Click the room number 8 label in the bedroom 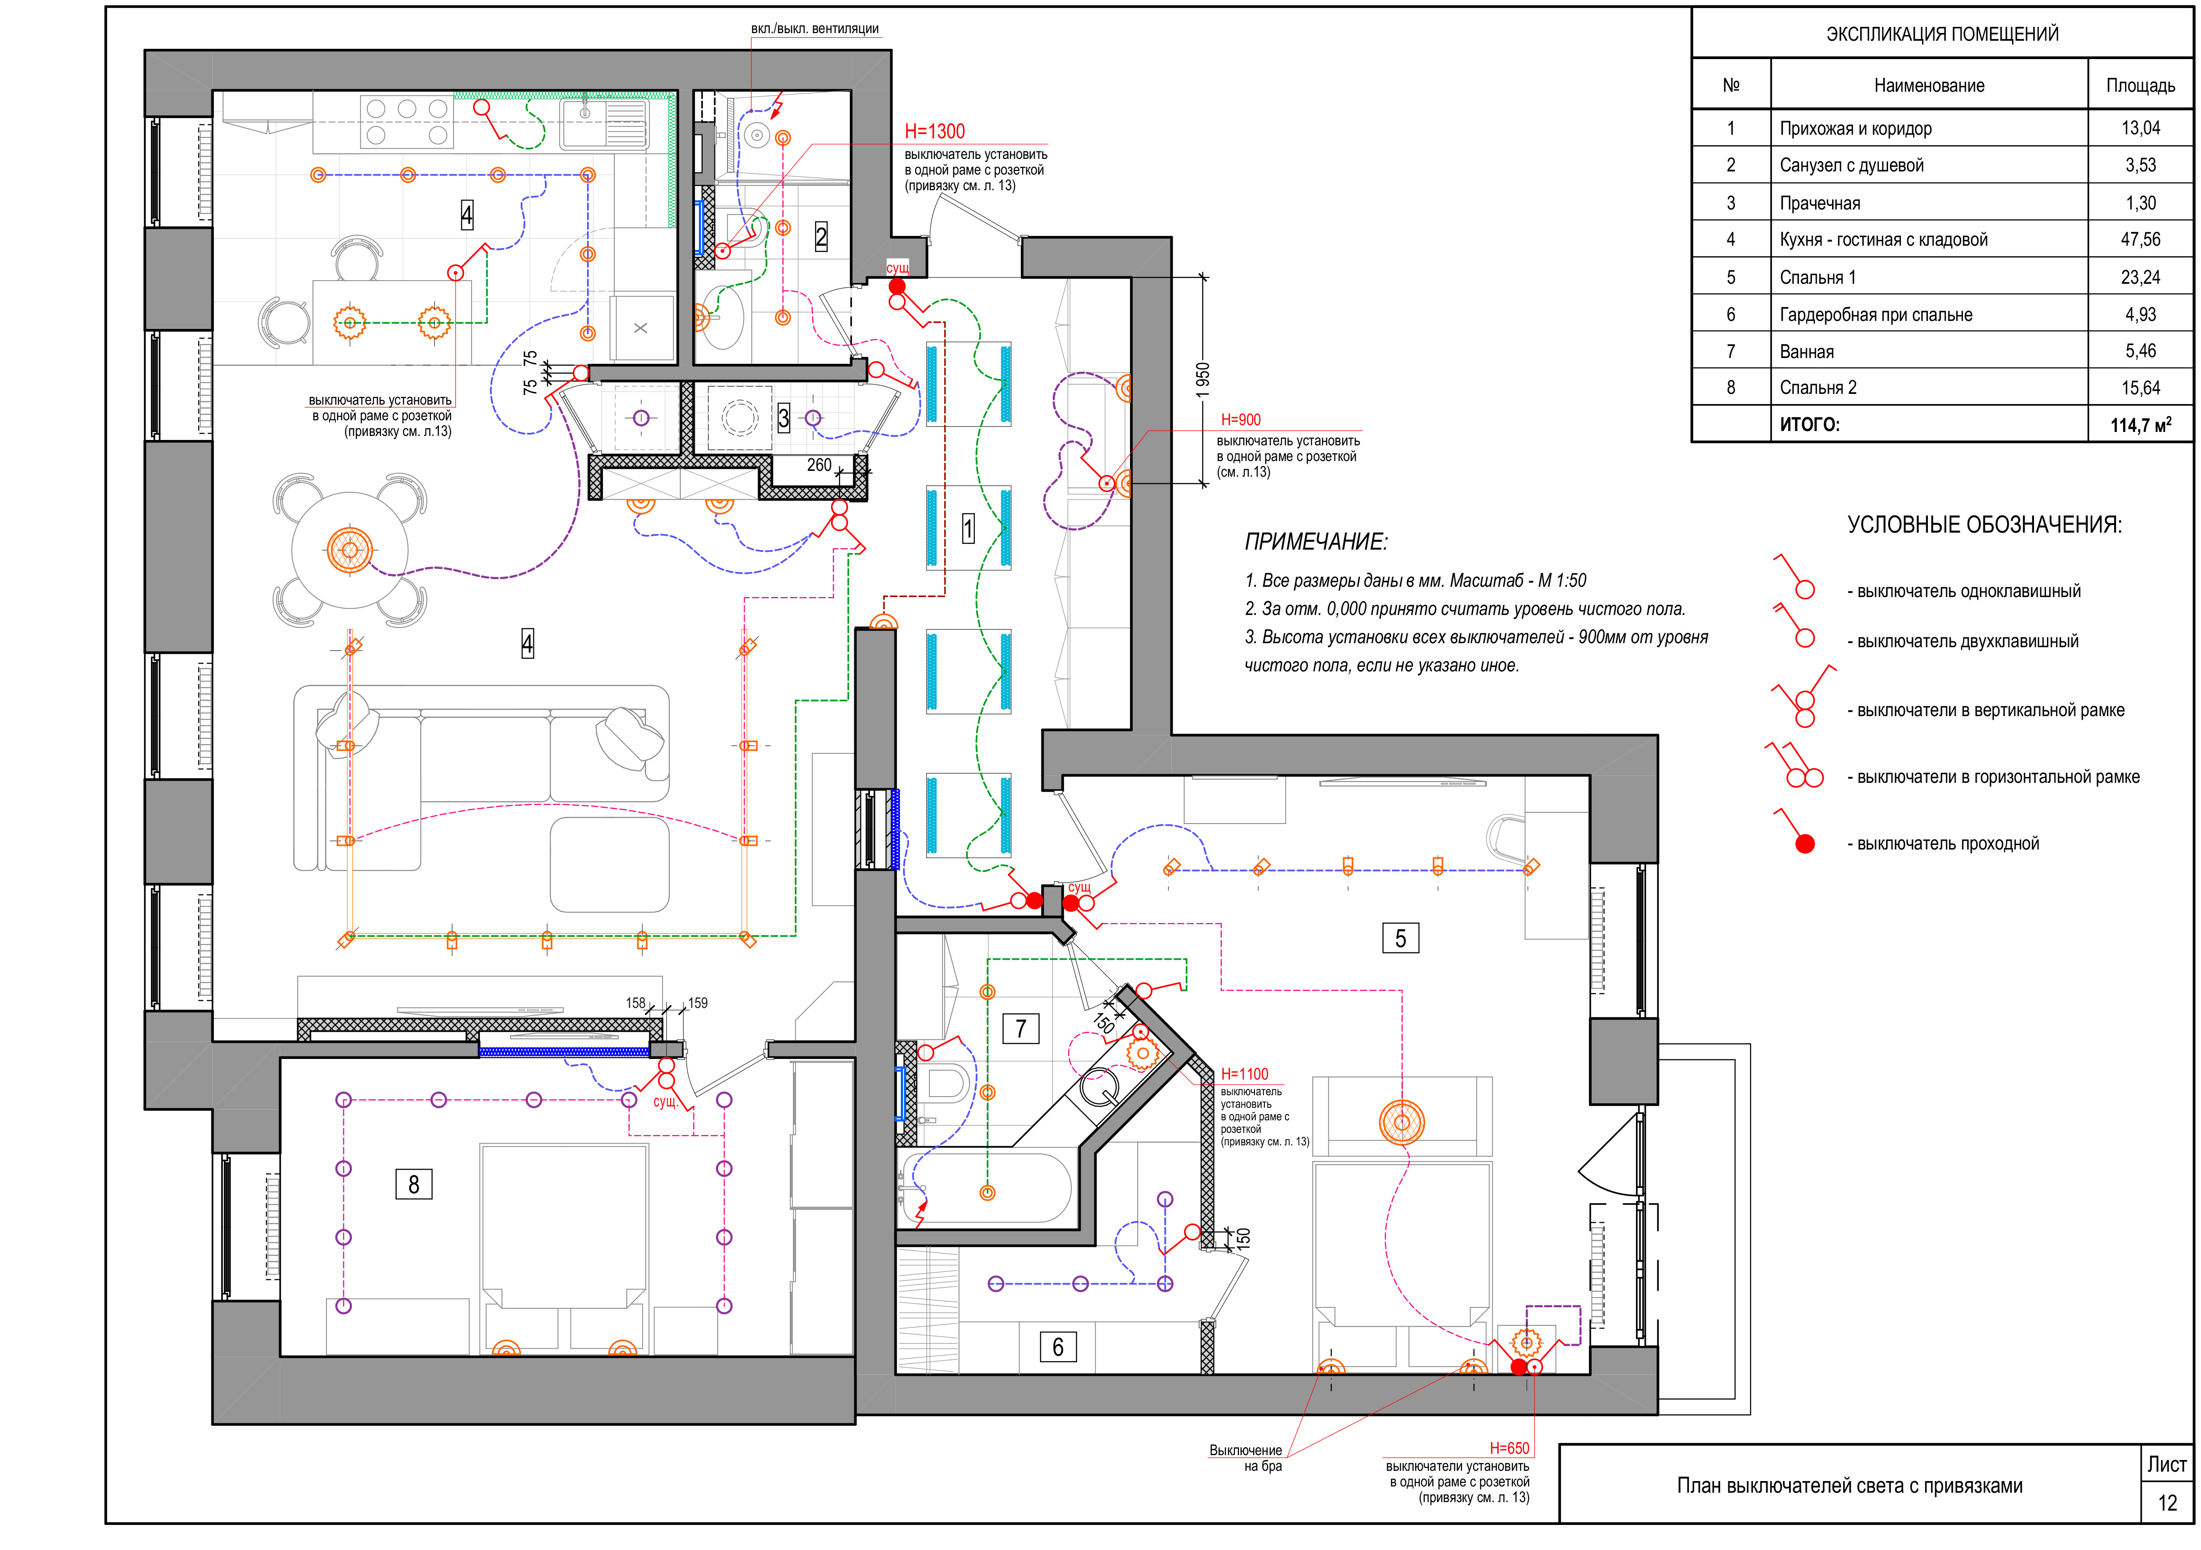[x=414, y=1185]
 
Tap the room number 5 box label [x=1400, y=939]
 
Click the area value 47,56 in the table [x=2141, y=239]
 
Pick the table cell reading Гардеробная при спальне [x=1876, y=314]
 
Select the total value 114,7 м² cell [x=2141, y=425]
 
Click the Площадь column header [x=2141, y=85]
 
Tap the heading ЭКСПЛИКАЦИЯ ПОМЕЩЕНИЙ [x=1942, y=34]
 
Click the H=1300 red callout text [x=935, y=131]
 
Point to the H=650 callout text [x=1510, y=1448]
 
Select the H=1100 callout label [x=1244, y=1075]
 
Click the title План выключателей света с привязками [x=1850, y=1486]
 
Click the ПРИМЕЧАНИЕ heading [x=1316, y=542]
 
